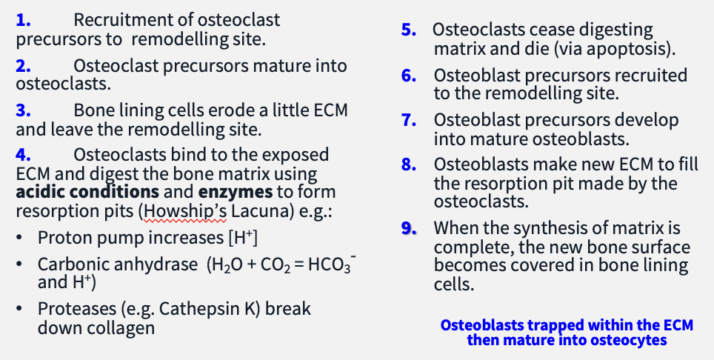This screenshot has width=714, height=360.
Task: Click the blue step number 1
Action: click(22, 21)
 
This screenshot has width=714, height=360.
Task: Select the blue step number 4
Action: click(23, 155)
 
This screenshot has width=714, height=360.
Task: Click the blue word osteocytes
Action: click(630, 340)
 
